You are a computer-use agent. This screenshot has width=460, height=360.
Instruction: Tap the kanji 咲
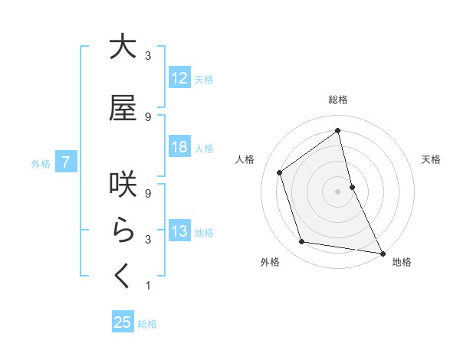pos(123,183)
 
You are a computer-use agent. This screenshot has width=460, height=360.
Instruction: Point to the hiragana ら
pos(123,230)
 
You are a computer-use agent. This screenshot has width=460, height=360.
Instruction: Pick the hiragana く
pos(123,276)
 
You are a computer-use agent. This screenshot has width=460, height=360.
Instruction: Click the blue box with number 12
pos(179,78)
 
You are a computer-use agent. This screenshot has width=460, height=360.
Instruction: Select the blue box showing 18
pos(179,148)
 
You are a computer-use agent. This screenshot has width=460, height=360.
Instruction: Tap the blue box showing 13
pos(179,232)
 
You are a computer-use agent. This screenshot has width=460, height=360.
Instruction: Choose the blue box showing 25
pos(123,322)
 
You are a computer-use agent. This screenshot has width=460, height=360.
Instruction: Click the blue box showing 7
pos(67,162)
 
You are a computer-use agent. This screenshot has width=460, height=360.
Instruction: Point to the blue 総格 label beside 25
pos(147,324)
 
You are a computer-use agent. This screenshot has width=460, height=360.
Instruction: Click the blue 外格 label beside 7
pos(41,163)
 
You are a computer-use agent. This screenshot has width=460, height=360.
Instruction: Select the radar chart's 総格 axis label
pos(337,100)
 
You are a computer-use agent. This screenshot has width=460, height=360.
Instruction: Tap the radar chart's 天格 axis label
pos(431,159)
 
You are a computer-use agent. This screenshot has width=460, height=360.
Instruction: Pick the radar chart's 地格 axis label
pos(401,263)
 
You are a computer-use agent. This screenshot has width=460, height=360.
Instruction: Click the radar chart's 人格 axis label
pos(245,159)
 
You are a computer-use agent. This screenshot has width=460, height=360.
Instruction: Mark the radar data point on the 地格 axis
pos(381,252)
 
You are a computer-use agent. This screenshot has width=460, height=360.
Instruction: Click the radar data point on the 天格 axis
pos(352,186)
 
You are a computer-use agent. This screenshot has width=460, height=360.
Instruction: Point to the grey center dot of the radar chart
pos(337,191)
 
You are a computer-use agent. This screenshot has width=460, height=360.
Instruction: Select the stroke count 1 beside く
pos(148,286)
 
